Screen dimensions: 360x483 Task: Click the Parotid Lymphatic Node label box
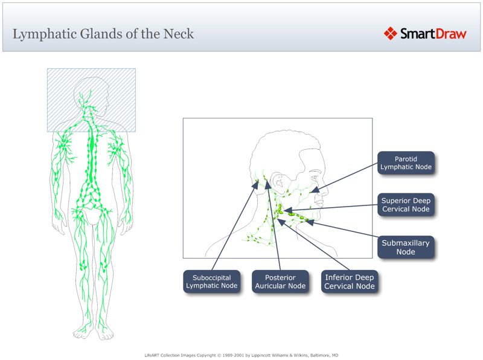(406, 163)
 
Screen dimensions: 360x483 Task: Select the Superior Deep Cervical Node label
(406, 205)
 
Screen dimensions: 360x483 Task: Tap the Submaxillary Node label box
(406, 247)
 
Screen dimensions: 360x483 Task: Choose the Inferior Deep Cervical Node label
(349, 282)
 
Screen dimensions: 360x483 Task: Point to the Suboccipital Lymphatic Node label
(211, 282)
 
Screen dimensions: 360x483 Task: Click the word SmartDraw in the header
(433, 34)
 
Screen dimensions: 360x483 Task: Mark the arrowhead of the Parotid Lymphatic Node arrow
(313, 190)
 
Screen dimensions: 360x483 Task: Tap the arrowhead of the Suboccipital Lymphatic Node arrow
(254, 186)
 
